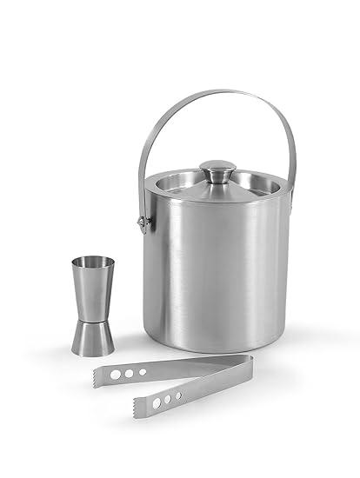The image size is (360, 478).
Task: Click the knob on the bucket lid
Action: [x=217, y=169]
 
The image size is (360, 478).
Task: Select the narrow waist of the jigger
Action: [x=92, y=316]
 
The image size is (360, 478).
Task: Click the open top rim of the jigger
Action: [x=91, y=261]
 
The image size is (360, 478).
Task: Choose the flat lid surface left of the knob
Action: [x=178, y=183]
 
